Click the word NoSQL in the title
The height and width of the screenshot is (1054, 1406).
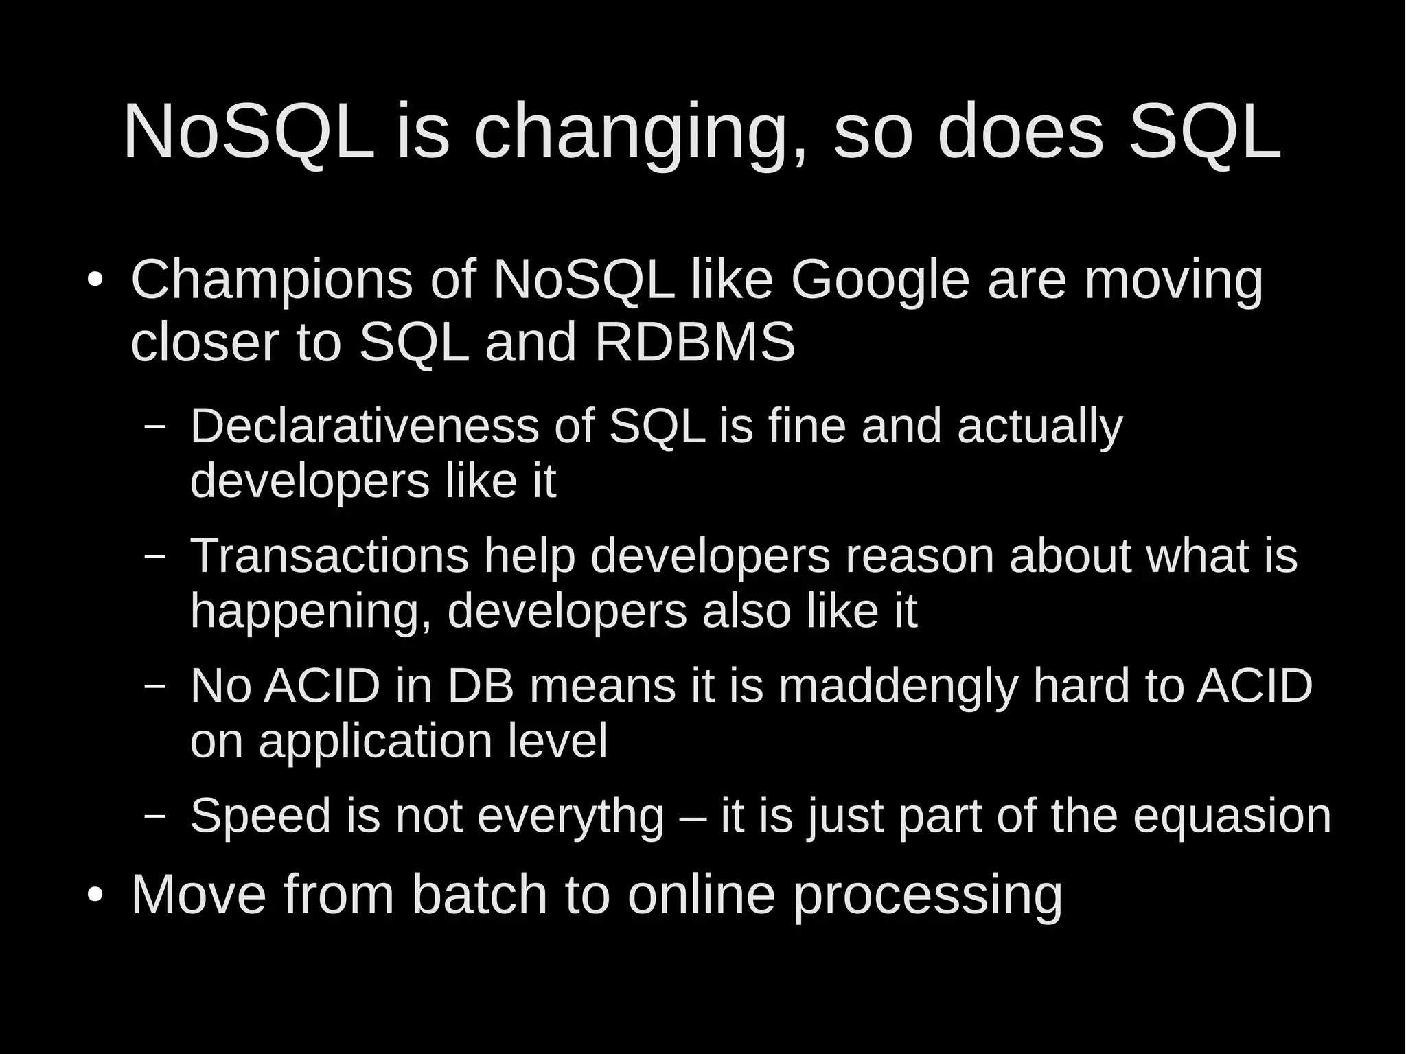[x=249, y=132]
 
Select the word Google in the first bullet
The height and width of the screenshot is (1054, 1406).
[x=880, y=282]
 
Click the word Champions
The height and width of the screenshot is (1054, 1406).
[x=272, y=282]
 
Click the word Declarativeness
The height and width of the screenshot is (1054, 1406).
[x=365, y=426]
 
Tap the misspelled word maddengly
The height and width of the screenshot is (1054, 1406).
[x=898, y=687]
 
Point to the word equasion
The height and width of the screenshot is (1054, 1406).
[x=1232, y=816]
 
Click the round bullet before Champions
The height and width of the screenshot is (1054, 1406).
[x=95, y=281]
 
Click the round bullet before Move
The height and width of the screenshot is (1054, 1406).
[x=95, y=895]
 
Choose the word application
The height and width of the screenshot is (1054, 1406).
[x=375, y=742]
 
